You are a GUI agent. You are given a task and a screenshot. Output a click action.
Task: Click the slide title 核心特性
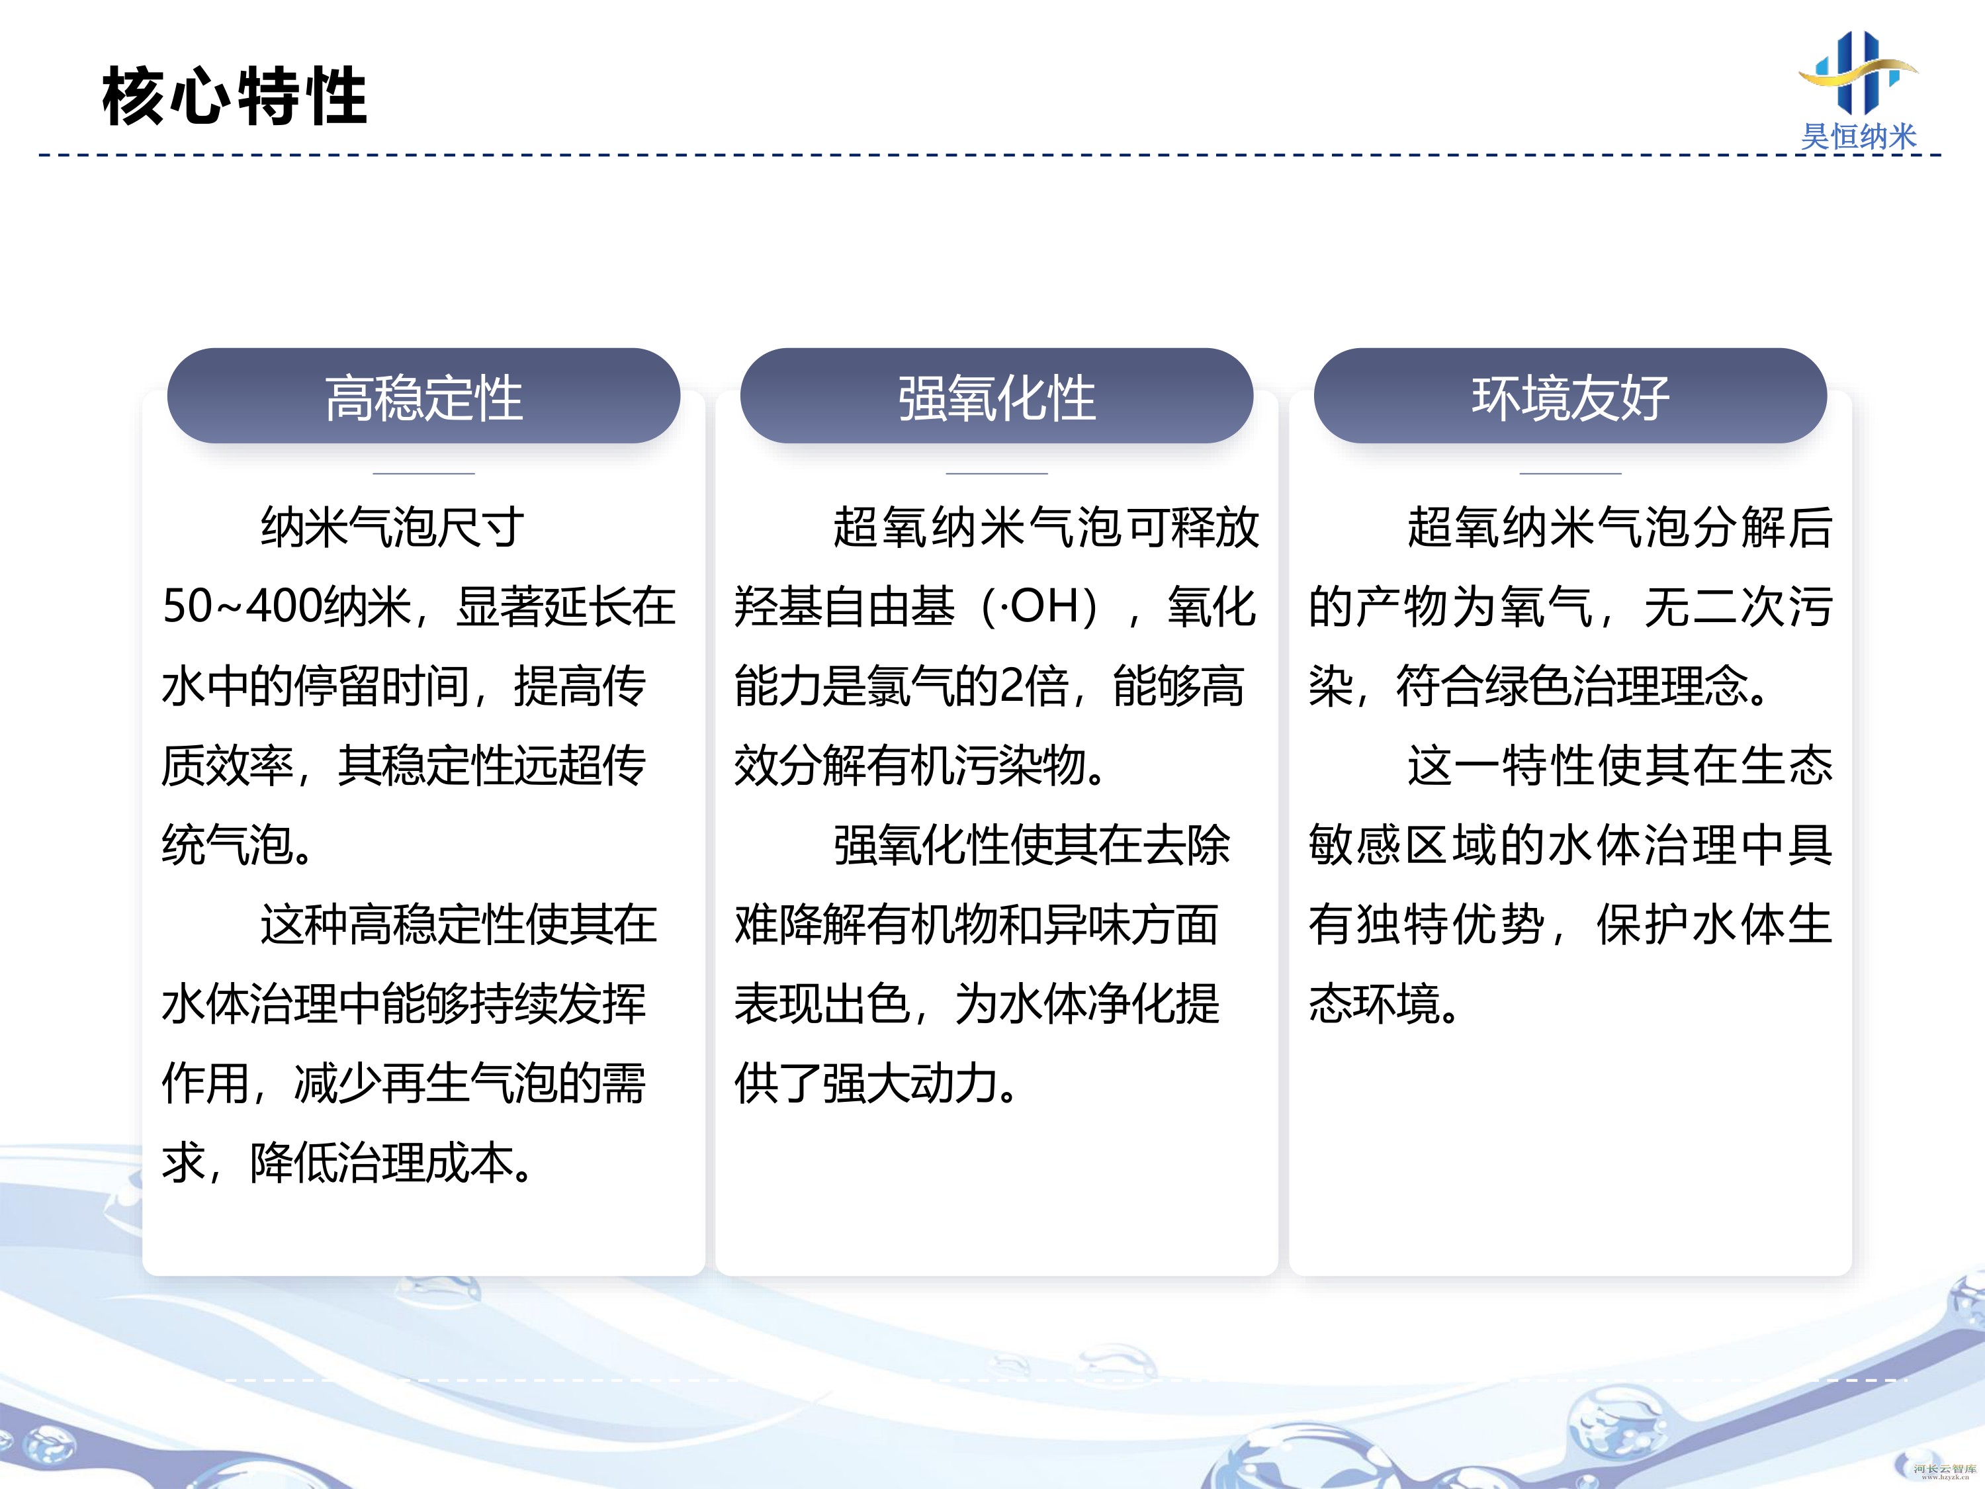pyautogui.click(x=234, y=96)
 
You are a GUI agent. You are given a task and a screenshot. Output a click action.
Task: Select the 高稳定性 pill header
pyautogui.click(x=423, y=396)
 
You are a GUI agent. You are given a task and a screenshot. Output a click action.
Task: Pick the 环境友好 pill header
pyautogui.click(x=1570, y=396)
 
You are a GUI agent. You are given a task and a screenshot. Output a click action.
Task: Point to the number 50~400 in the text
pyautogui.click(x=240, y=607)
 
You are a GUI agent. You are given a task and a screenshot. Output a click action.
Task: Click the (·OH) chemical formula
pyautogui.click(x=1039, y=607)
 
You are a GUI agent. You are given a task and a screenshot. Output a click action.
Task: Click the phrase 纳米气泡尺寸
pyautogui.click(x=392, y=527)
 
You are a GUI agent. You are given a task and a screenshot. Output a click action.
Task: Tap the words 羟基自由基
pyautogui.click(x=844, y=607)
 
